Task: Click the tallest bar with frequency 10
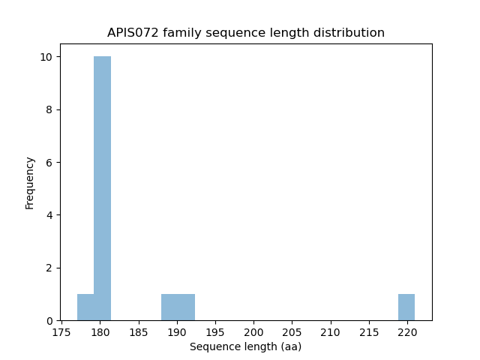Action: coord(102,188)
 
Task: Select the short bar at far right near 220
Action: coord(406,307)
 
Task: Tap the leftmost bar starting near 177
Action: coord(85,307)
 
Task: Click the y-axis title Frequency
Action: coord(30,182)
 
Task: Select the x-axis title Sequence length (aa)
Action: coord(245,346)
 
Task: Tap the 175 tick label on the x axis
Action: coord(61,331)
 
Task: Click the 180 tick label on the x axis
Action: coord(100,331)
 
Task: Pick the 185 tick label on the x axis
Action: coord(138,331)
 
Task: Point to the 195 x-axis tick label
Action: coord(215,331)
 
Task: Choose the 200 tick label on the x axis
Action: coord(253,331)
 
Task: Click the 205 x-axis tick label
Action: coord(292,331)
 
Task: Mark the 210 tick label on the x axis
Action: coord(330,331)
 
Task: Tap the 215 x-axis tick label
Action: coord(368,331)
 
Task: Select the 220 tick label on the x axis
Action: coord(407,331)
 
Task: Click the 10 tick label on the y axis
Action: coord(46,57)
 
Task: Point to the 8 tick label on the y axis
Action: coord(49,109)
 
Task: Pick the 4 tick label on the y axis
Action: coord(49,215)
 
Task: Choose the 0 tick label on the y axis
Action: coord(49,320)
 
